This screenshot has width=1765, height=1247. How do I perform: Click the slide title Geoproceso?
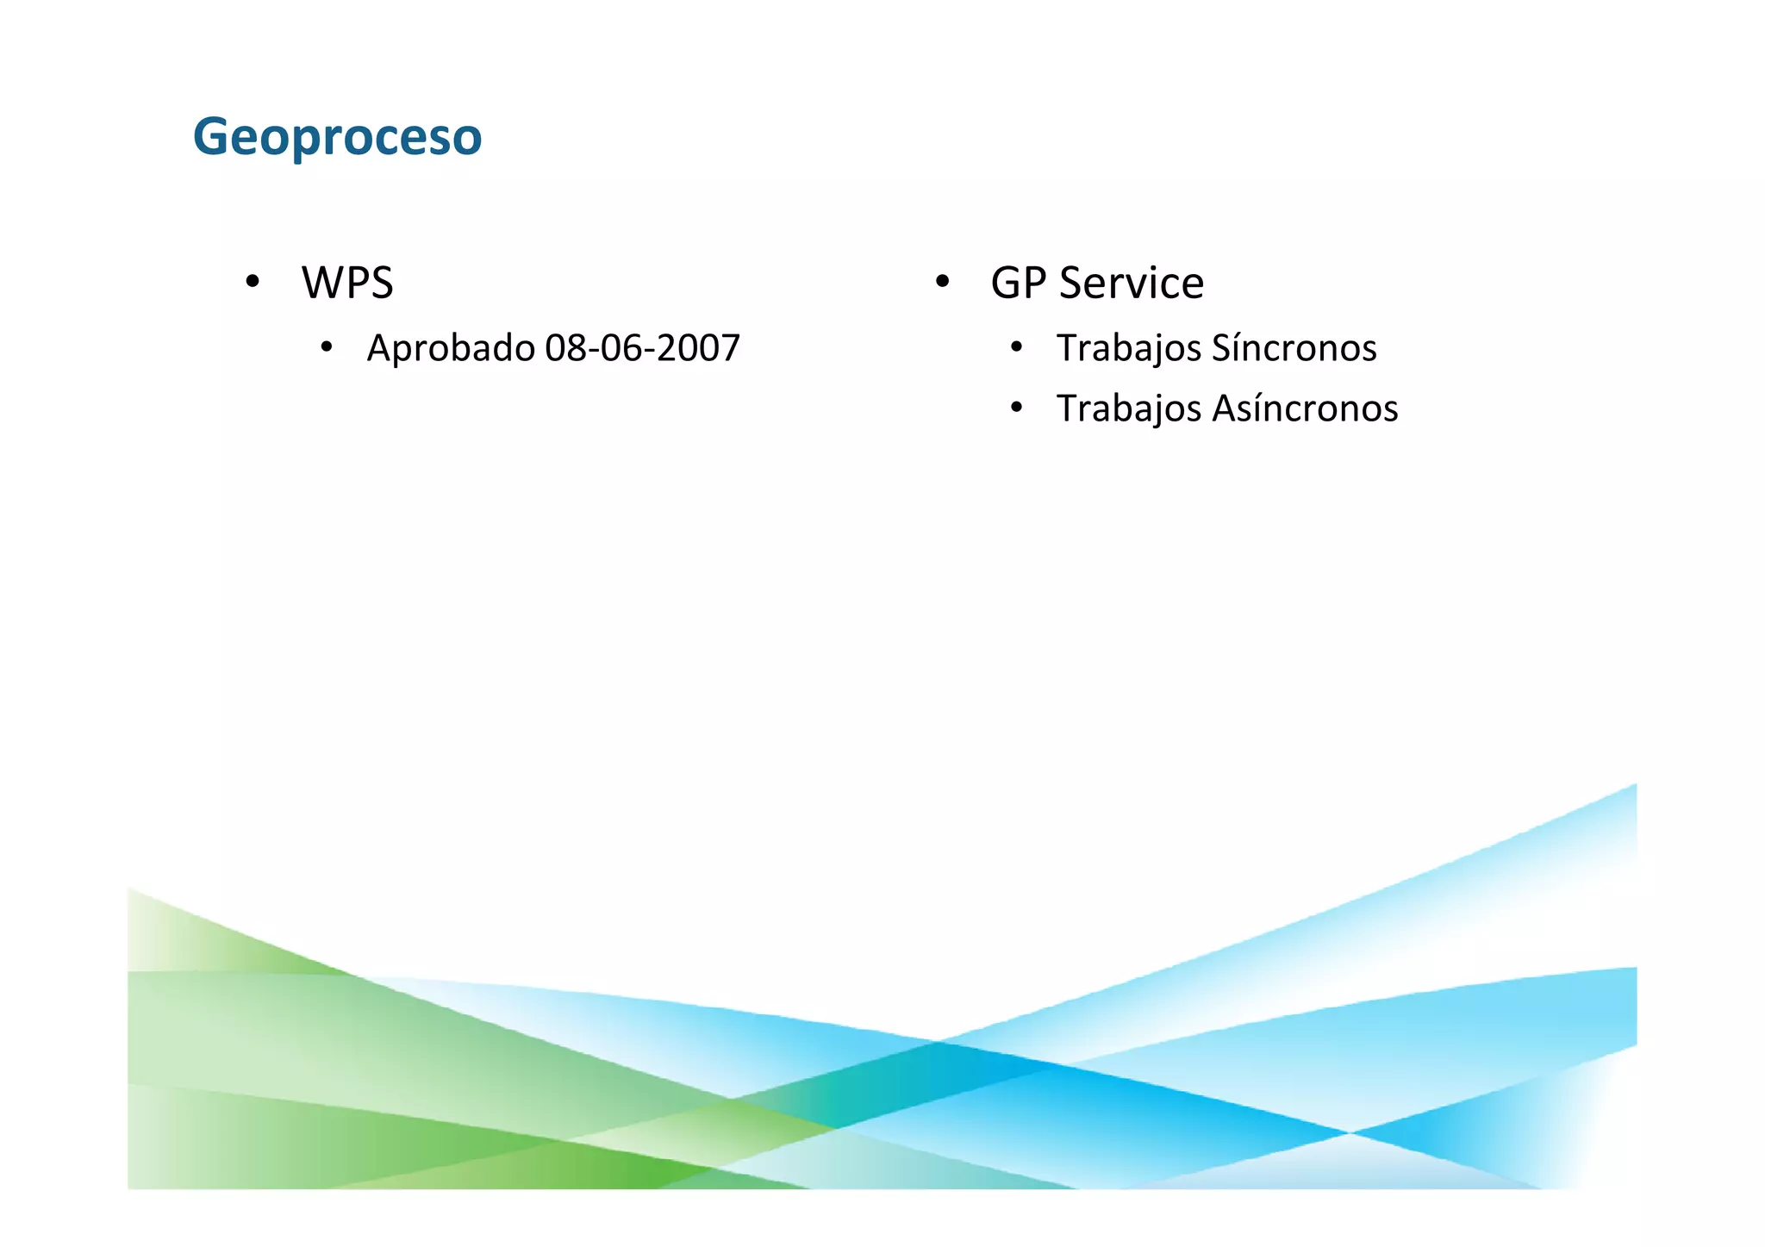337,137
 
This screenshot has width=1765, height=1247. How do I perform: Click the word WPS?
347,283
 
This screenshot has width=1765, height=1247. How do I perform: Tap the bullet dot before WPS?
253,282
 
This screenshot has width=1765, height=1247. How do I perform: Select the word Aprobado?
451,348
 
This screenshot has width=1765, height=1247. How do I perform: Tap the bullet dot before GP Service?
942,282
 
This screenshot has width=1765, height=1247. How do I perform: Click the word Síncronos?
1294,348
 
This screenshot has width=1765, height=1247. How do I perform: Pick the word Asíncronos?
1305,408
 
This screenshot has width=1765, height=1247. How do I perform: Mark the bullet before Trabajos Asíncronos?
1017,408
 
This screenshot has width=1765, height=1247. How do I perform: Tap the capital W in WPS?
322,283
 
